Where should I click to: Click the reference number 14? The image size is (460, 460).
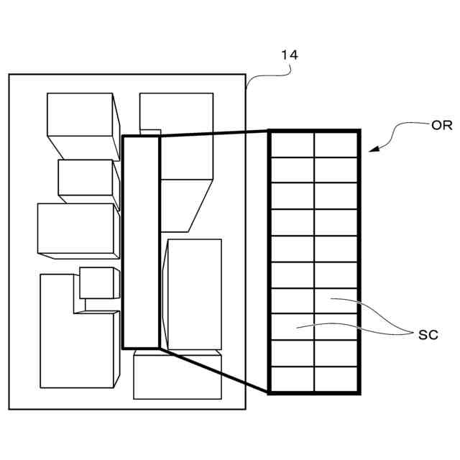pyautogui.click(x=290, y=54)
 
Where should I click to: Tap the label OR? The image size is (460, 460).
pyautogui.click(x=441, y=124)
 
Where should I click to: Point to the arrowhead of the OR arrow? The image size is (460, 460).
pyautogui.click(x=372, y=149)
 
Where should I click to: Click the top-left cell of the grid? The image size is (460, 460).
pyautogui.click(x=293, y=145)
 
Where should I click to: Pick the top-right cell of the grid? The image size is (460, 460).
pyautogui.click(x=336, y=145)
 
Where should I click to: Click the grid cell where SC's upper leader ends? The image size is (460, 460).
pyautogui.click(x=336, y=300)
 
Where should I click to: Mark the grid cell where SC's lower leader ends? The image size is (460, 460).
pyautogui.click(x=293, y=327)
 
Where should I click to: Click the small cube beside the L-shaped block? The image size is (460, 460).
pyautogui.click(x=96, y=283)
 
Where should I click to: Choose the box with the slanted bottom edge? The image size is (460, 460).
pyautogui.click(x=185, y=205)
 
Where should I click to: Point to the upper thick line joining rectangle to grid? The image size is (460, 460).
pyautogui.click(x=213, y=132)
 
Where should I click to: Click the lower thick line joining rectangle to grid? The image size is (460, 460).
pyautogui.click(x=213, y=370)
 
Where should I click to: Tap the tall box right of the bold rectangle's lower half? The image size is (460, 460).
pyautogui.click(x=194, y=295)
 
